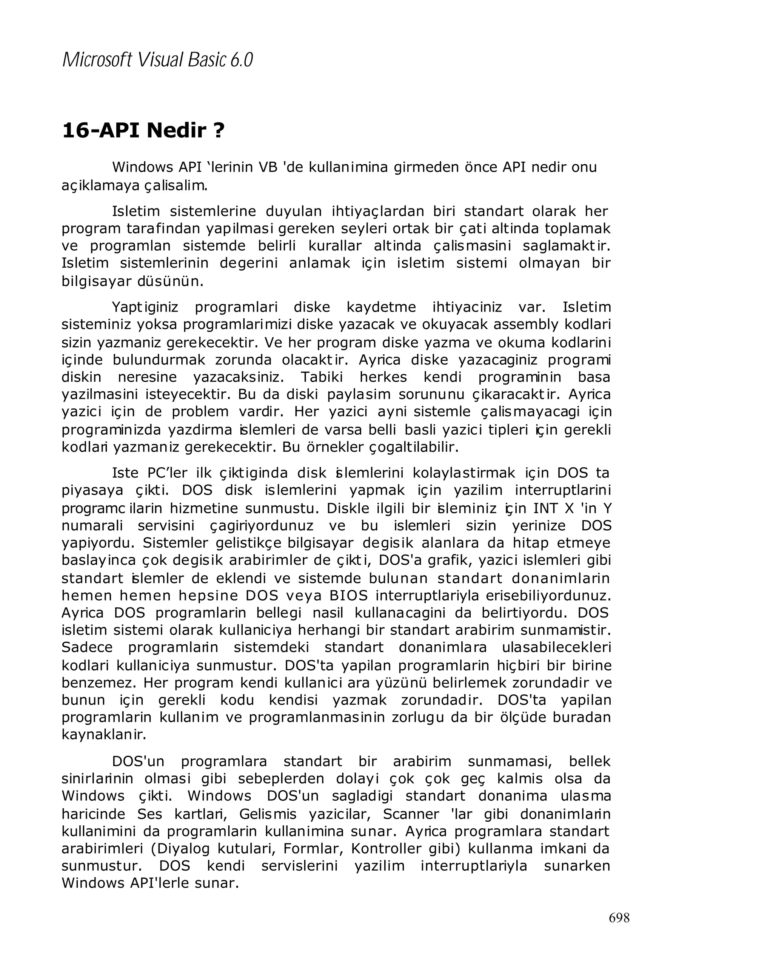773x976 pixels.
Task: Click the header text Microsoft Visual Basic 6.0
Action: pos(157,60)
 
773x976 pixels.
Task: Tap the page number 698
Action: pos(619,917)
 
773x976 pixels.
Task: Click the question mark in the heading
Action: pos(219,130)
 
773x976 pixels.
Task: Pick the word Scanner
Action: pos(411,814)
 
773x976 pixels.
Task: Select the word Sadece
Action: pos(87,647)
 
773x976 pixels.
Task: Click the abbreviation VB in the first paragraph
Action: pos(268,167)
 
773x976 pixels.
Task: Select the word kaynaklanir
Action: pos(104,734)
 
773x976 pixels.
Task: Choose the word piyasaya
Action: pos(92,491)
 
